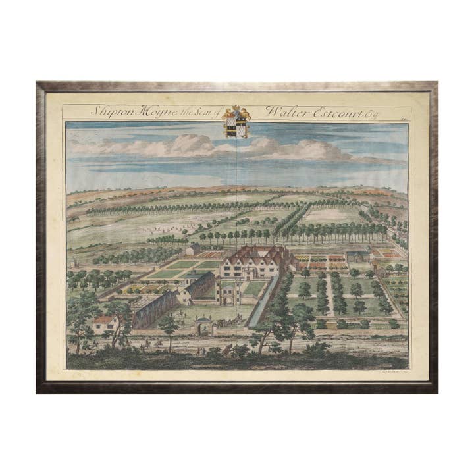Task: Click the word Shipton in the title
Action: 111,111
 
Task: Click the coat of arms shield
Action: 236,125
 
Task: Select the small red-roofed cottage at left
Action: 105,323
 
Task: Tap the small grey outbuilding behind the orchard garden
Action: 357,256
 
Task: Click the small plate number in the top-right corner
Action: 402,113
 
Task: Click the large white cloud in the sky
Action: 191,145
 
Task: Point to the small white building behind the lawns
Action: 193,250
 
